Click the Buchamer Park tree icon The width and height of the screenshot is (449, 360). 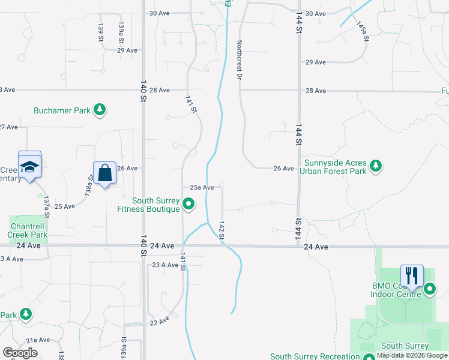pyautogui.click(x=100, y=110)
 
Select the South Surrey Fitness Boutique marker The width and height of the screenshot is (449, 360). pyautogui.click(x=189, y=205)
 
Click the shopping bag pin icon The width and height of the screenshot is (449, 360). pyautogui.click(x=105, y=173)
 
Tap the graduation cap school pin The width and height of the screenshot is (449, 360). pyautogui.click(x=29, y=167)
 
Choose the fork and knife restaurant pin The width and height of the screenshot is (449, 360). pyautogui.click(x=412, y=276)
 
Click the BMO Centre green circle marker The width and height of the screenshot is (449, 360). pyautogui.click(x=430, y=290)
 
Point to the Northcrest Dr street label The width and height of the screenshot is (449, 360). pyautogui.click(x=240, y=60)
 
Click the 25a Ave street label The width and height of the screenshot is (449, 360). pyautogui.click(x=202, y=187)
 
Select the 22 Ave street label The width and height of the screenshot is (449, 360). pyautogui.click(x=160, y=322)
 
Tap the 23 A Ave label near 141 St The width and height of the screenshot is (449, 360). pyautogui.click(x=165, y=265)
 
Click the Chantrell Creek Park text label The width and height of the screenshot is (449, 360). pyautogui.click(x=27, y=230)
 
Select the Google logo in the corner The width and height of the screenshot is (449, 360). pyautogui.click(x=20, y=353)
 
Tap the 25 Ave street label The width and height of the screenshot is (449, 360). pyautogui.click(x=65, y=206)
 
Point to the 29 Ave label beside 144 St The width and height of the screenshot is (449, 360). pyautogui.click(x=316, y=62)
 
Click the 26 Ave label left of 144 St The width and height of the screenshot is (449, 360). pyautogui.click(x=283, y=169)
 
